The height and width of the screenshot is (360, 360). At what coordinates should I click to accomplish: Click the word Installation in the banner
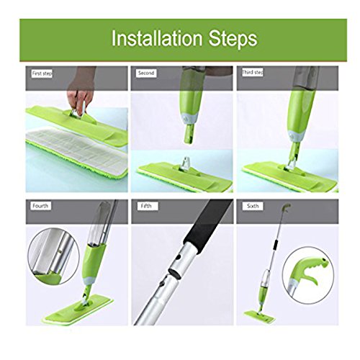pyautogui.click(x=157, y=38)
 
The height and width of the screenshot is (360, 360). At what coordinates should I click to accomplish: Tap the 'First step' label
pyautogui.click(x=42, y=73)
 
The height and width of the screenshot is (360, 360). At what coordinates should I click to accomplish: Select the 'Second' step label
pyautogui.click(x=146, y=73)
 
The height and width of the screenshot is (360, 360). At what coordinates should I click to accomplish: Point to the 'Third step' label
pyautogui.click(x=253, y=72)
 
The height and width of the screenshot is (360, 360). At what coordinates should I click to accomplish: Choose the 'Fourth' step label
pyautogui.click(x=40, y=206)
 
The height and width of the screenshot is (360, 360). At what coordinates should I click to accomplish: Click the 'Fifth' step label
pyautogui.click(x=146, y=206)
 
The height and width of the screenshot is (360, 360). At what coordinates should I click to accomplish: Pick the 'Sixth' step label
pyautogui.click(x=253, y=206)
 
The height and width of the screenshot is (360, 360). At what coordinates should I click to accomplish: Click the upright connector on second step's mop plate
pyautogui.click(x=186, y=164)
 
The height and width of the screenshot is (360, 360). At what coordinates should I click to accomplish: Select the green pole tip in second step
pyautogui.click(x=189, y=134)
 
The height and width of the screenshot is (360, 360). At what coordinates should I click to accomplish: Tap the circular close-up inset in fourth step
pyautogui.click(x=54, y=256)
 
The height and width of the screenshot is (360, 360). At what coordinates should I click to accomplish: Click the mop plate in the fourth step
pyautogui.click(x=78, y=309)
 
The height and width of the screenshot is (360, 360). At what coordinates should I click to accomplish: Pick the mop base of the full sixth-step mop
pyautogui.click(x=260, y=317)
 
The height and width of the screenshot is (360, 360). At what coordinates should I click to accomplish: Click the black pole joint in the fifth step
pyautogui.click(x=175, y=274)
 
